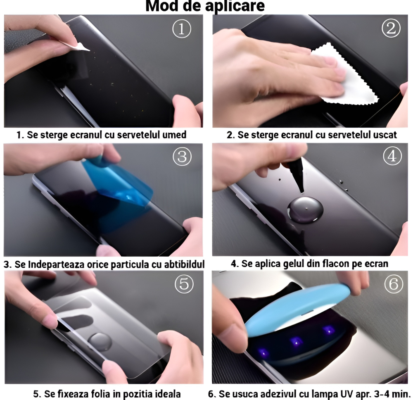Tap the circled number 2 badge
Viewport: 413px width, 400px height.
[x=391, y=28]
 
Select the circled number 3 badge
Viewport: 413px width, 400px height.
[x=182, y=157]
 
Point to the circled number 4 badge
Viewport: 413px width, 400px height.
[x=392, y=157]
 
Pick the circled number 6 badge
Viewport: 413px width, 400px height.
[x=393, y=284]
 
